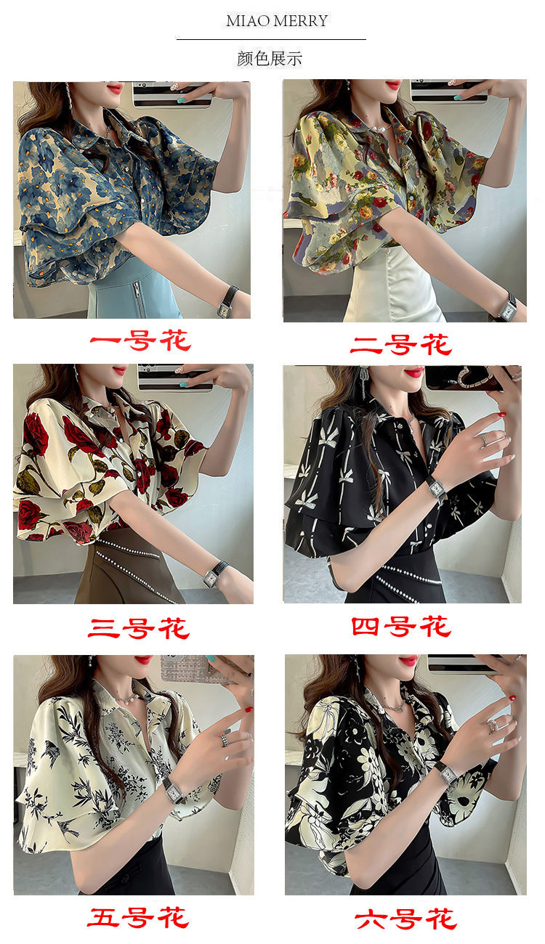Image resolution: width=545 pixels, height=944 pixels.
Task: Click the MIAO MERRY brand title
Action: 277,20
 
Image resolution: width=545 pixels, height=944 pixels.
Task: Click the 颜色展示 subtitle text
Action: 270,59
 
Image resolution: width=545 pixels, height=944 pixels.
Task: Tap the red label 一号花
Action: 140,341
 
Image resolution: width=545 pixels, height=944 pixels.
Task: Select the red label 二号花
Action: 401,345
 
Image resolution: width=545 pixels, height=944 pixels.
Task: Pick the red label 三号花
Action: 140,628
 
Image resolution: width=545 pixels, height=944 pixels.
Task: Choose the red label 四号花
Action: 402,626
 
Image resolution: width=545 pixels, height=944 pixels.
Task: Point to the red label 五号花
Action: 138,918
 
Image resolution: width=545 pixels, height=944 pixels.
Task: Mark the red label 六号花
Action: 405,919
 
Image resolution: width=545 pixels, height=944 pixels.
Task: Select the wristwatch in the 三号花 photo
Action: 214,574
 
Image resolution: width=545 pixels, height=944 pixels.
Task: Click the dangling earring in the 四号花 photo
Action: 363,384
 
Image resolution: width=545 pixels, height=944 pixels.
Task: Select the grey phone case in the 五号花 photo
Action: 185,668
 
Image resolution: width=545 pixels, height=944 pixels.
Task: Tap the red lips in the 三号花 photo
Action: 120,370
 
